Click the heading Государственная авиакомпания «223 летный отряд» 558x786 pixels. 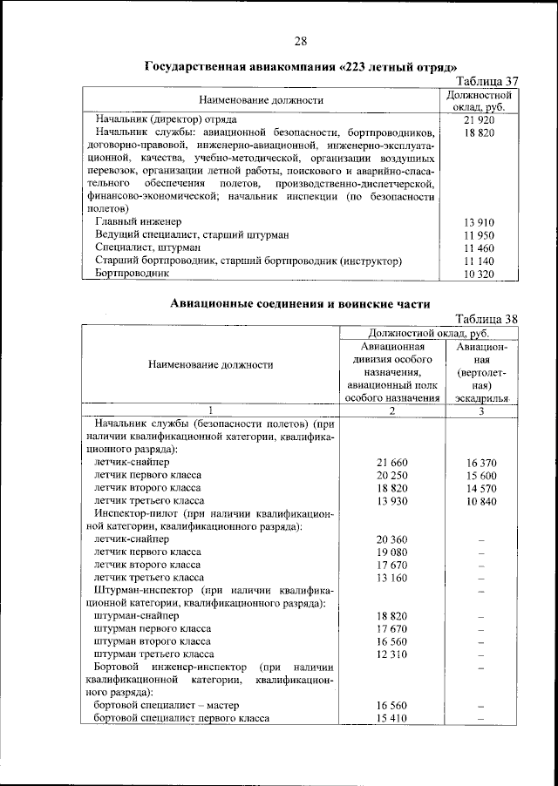[301, 66]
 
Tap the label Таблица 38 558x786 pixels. [487, 318]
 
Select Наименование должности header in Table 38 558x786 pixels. [210, 365]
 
